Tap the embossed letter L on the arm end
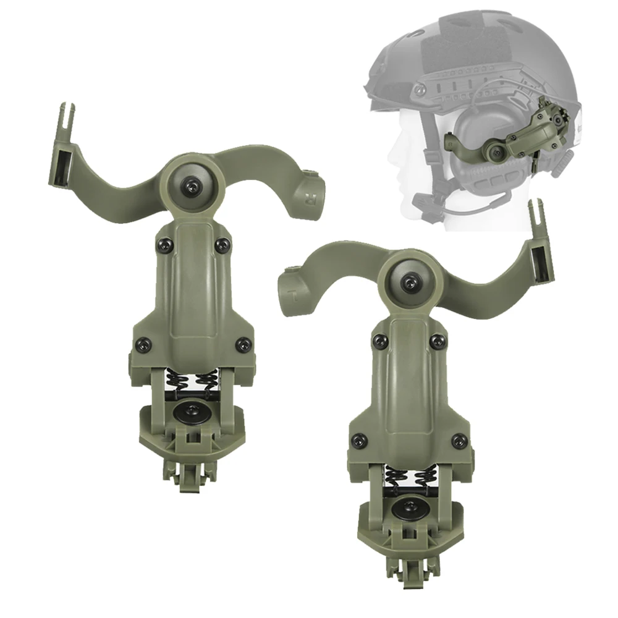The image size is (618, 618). pos(295,295)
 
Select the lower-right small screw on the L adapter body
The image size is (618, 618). pos(458,441)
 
